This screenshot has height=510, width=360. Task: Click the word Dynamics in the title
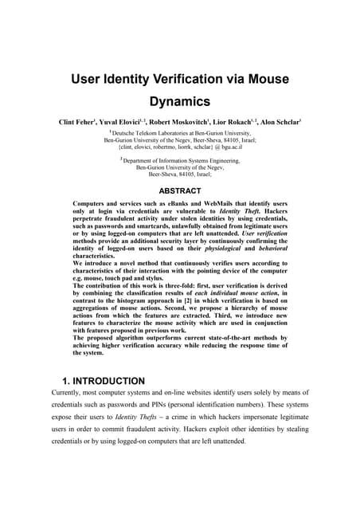pyautogui.click(x=180, y=101)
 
